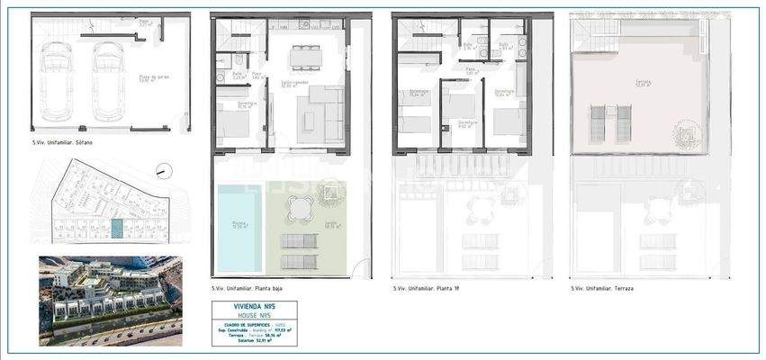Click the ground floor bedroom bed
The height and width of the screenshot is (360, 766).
[235, 121]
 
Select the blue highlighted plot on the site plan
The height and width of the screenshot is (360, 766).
[116, 230]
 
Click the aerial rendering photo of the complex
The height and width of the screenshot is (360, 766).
[110, 301]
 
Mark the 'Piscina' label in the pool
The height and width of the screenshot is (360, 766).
[239, 225]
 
